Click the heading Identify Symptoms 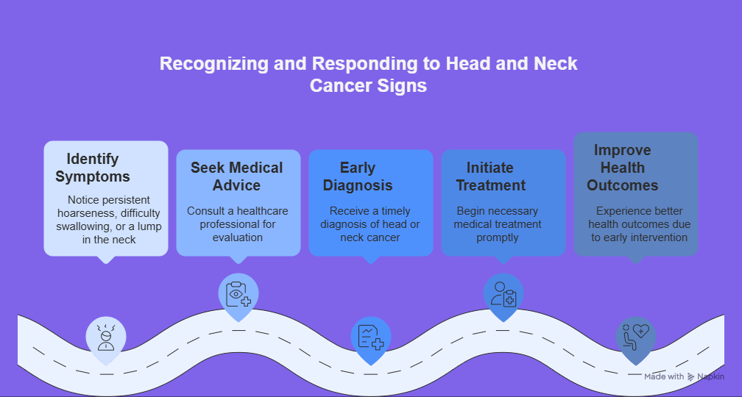click(x=93, y=168)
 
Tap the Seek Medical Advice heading click(x=236, y=176)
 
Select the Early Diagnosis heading click(x=358, y=176)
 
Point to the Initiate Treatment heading click(x=490, y=176)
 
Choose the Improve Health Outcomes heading click(x=622, y=168)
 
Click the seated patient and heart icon click(x=636, y=337)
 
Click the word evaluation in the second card click(x=237, y=237)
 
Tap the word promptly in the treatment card click(x=498, y=237)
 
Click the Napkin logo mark click(x=691, y=376)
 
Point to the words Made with click(x=664, y=376)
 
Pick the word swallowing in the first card click(x=81, y=226)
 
